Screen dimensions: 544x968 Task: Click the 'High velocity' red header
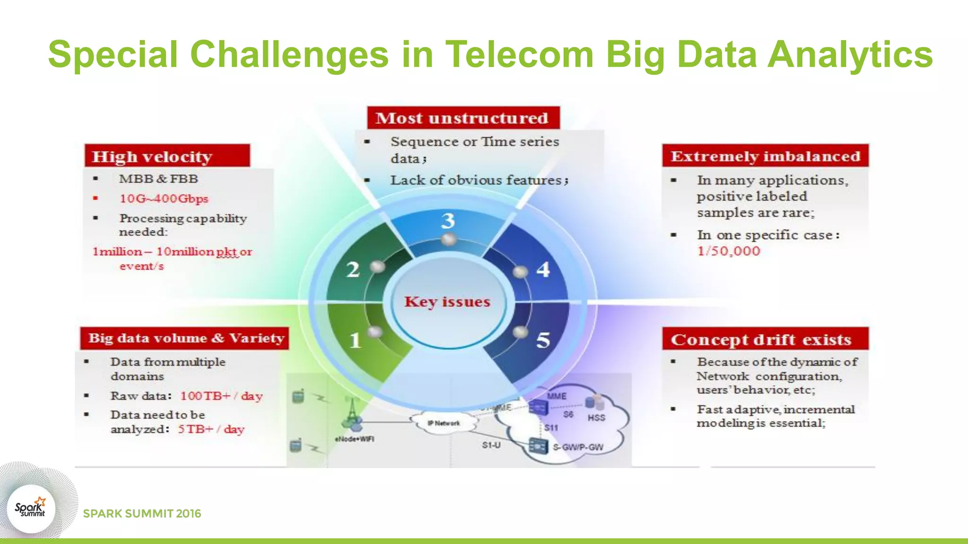point(167,156)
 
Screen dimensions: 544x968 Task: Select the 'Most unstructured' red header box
point(463,118)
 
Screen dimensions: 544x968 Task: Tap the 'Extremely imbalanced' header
point(765,156)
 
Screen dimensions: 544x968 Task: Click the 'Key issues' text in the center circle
point(447,302)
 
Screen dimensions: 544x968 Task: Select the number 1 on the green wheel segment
point(355,340)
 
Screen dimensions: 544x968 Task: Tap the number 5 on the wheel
point(543,340)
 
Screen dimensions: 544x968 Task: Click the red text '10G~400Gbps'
point(164,198)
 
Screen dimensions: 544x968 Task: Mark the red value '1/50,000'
point(728,251)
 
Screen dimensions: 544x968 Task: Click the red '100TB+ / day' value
point(221,396)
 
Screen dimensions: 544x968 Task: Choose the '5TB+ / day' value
point(211,429)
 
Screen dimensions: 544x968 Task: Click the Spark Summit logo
point(31,509)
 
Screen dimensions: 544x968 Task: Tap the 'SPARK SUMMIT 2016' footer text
point(142,514)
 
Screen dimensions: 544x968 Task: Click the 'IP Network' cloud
point(443,423)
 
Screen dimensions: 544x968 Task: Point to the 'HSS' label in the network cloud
point(596,418)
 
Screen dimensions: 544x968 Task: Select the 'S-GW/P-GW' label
point(578,447)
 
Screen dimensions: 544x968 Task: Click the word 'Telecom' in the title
point(519,54)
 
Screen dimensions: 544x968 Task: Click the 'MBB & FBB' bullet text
point(158,179)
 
